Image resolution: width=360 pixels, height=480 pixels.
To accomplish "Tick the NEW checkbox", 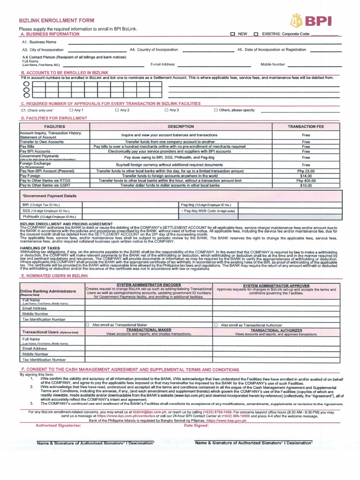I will click(x=232, y=34).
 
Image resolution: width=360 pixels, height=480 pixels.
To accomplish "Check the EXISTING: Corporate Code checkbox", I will click(x=256, y=34).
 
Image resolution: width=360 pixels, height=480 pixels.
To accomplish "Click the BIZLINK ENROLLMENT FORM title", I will click(x=56, y=21).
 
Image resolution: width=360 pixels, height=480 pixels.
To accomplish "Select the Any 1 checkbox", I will click(x=72, y=110).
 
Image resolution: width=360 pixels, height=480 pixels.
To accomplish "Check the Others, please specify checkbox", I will click(x=216, y=110).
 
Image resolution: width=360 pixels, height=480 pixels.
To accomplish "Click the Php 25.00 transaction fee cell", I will click(x=306, y=171).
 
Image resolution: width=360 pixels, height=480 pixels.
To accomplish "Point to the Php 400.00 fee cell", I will click(x=306, y=180).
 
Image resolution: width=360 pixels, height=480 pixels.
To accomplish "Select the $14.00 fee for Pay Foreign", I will click(x=306, y=176).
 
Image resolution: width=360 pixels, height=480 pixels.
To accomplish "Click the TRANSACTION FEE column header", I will click(x=306, y=127).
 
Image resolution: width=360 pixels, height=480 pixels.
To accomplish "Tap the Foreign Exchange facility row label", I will click(x=35, y=164).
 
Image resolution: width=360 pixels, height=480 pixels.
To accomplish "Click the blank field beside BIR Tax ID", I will click(x=130, y=205).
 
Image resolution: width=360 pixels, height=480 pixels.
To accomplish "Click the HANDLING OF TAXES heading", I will click(x=40, y=248).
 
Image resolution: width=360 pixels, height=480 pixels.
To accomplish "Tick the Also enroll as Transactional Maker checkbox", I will click(x=87, y=325).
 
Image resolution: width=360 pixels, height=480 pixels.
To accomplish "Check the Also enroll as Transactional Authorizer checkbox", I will click(x=216, y=325).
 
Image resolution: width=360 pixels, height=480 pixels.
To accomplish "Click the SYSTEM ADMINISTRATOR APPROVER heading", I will click(x=276, y=285).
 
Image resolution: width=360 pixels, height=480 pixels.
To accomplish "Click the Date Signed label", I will click(x=196, y=425).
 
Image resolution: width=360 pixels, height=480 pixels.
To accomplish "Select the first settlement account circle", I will click(x=26, y=84).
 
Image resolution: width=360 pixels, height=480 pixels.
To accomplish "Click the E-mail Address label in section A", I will click(x=162, y=64).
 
